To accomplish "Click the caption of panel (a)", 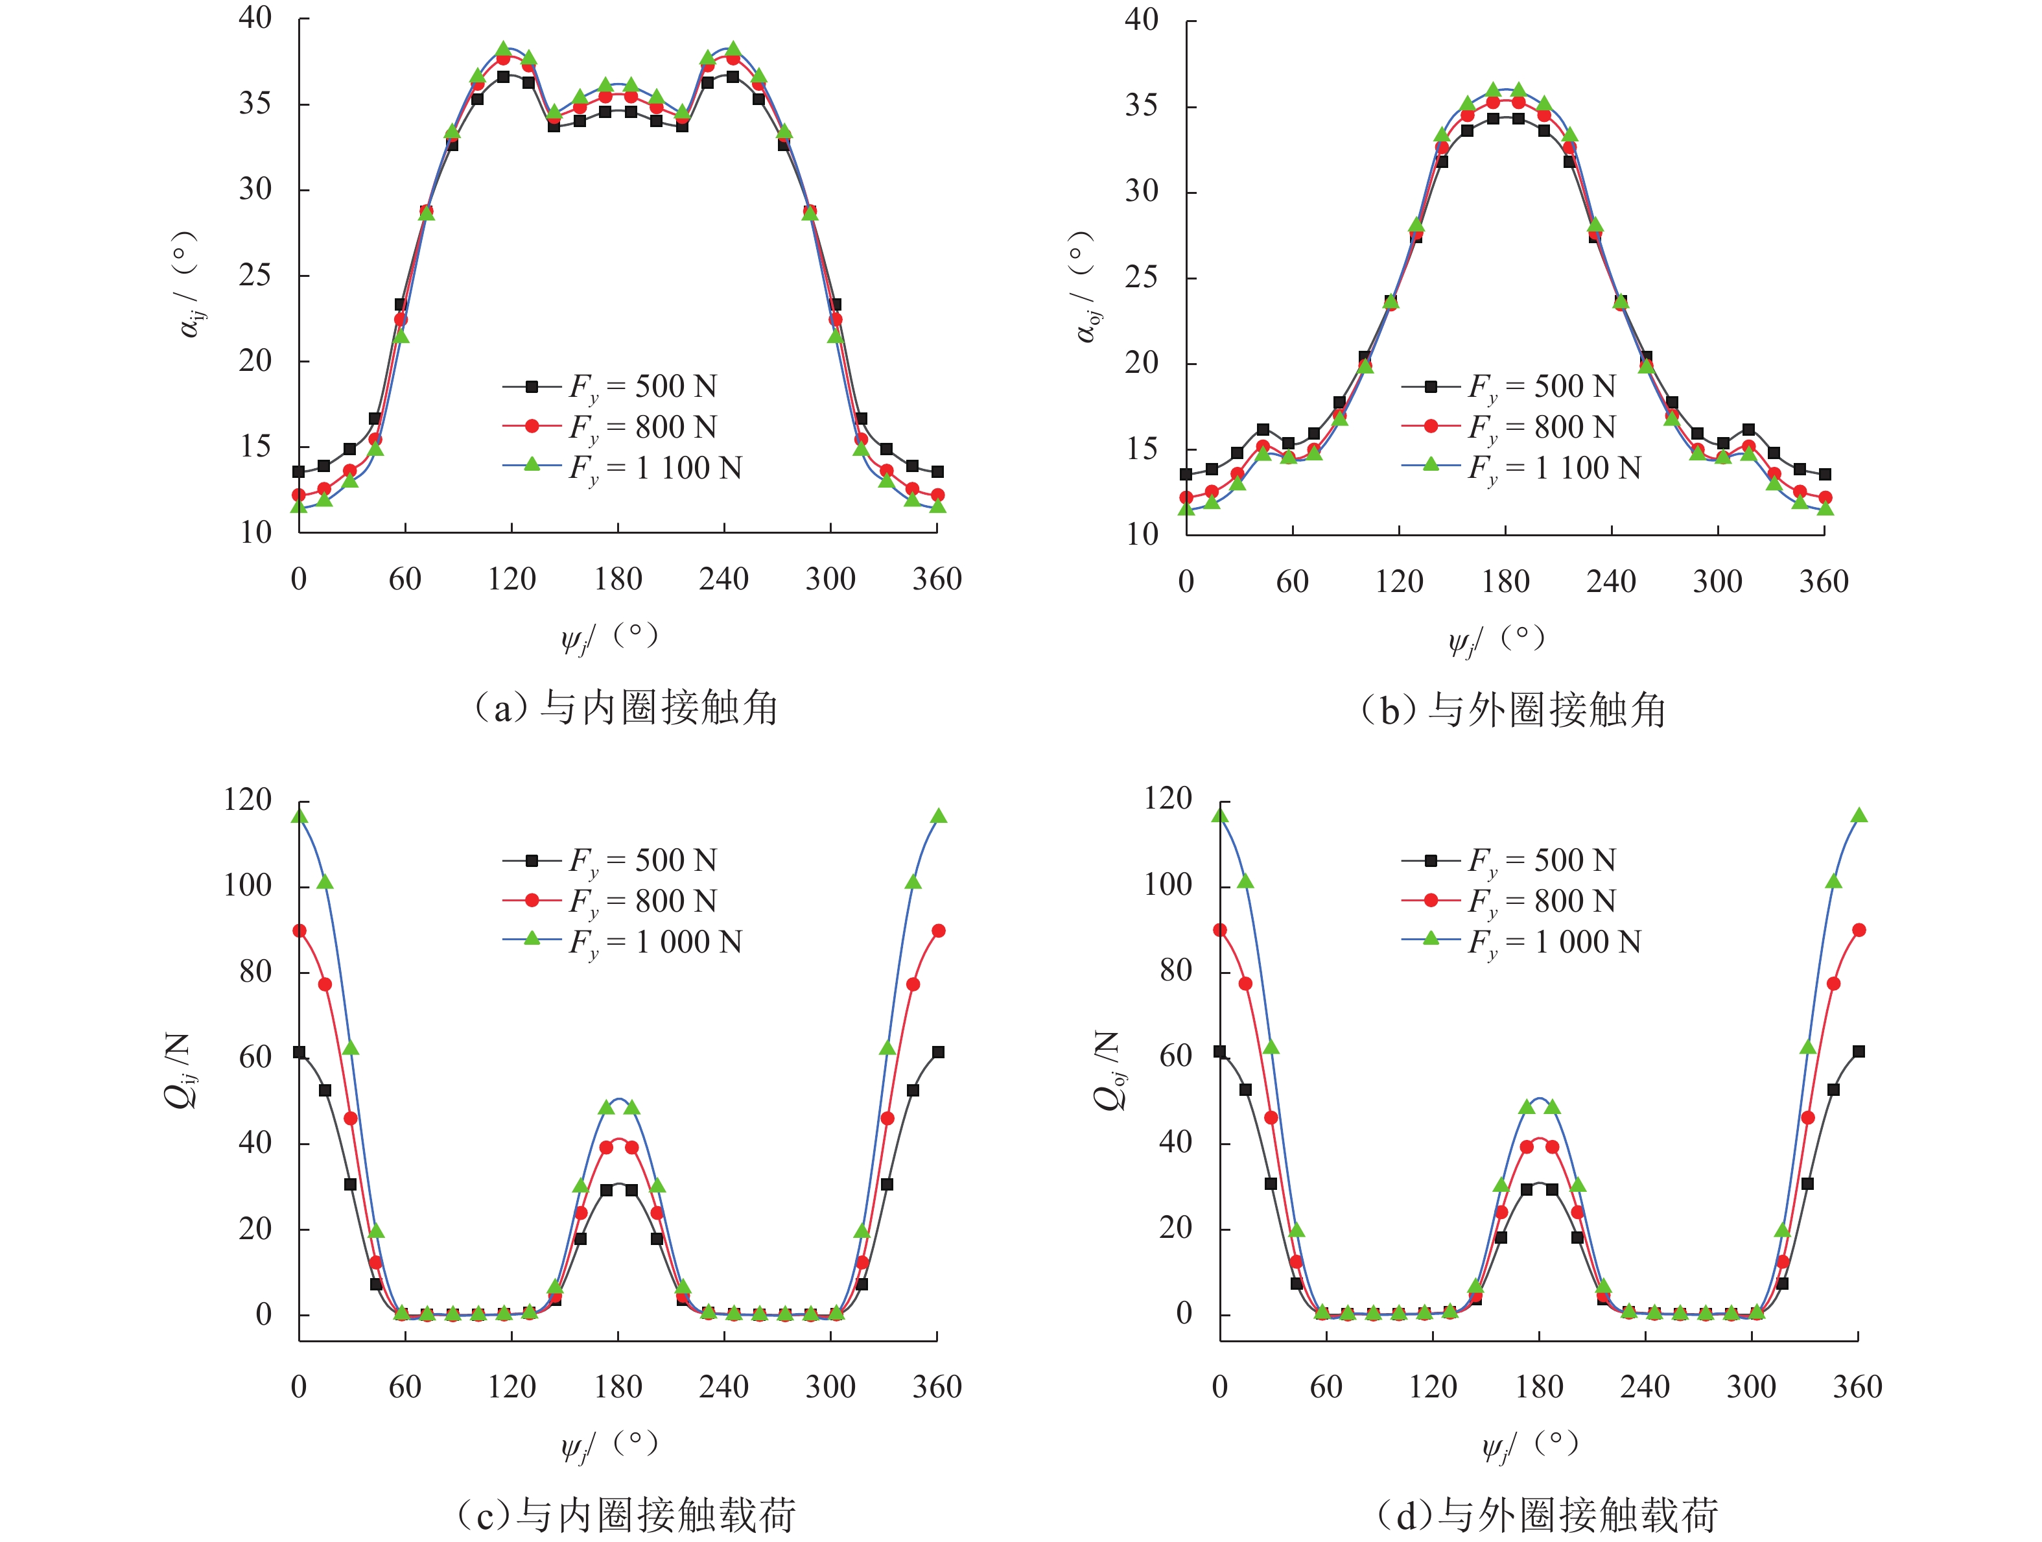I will pos(625,708).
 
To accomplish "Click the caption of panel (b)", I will pos(1513,710).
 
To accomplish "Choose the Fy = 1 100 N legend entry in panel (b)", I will pos(1521,468).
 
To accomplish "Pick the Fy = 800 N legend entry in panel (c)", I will pos(609,900).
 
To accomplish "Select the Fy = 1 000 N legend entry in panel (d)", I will pos(1521,942).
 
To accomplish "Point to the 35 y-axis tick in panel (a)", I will pos(255,103).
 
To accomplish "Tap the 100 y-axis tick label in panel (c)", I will pos(248,886).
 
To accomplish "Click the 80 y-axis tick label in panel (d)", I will pos(1175,971).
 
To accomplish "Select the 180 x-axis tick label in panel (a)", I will pos(618,580).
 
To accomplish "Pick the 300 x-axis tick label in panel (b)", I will pos(1717,582).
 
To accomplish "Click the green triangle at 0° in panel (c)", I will pos(299,815).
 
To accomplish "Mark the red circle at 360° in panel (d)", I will pos(1859,930).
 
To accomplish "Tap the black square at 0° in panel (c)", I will pos(299,1052).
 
